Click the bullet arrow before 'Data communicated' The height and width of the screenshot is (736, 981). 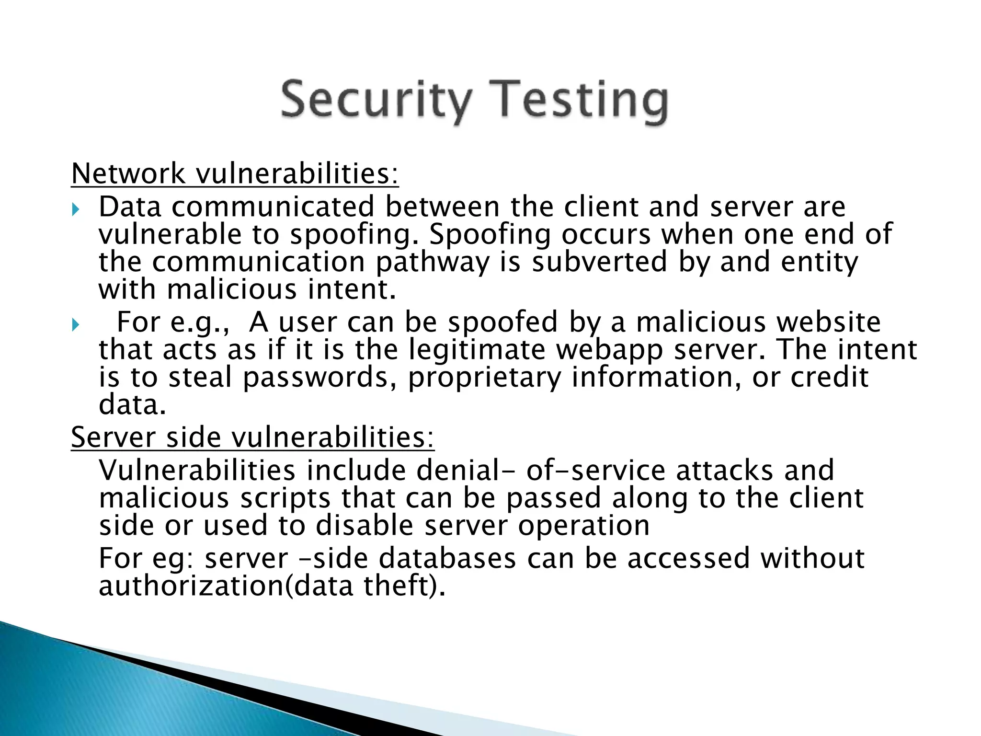[x=76, y=209]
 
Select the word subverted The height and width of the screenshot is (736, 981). [x=599, y=262]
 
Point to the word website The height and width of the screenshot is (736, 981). [x=828, y=322]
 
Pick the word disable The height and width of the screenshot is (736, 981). [x=364, y=526]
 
